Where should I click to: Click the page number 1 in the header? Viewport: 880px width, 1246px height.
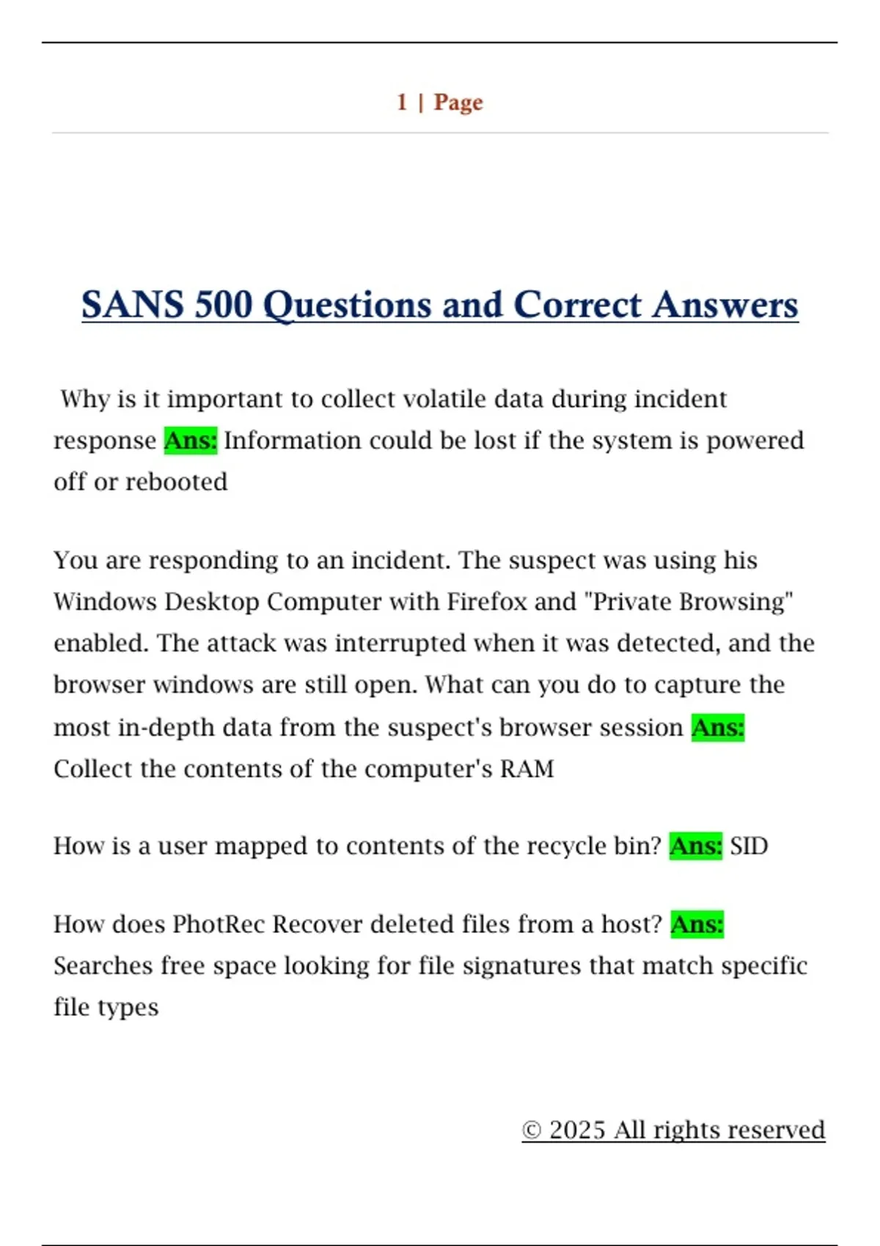coord(402,102)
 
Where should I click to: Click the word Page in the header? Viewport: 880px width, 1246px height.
coord(458,102)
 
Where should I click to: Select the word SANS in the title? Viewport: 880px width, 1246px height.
coord(132,304)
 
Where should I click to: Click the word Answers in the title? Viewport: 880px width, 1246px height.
coord(725,304)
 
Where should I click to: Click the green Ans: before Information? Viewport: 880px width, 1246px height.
coord(191,440)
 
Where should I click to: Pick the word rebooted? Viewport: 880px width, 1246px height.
coord(177,482)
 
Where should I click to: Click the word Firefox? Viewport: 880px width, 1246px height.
coord(487,601)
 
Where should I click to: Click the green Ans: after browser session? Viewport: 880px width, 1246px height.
coord(718,727)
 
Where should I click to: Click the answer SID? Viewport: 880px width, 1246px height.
coord(749,846)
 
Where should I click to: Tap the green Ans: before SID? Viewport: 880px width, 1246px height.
coord(695,846)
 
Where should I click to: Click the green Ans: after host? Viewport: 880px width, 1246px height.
coord(697,924)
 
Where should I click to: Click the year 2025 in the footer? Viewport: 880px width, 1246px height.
coord(577,1129)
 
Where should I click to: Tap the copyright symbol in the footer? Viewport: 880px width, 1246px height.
coord(532,1130)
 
